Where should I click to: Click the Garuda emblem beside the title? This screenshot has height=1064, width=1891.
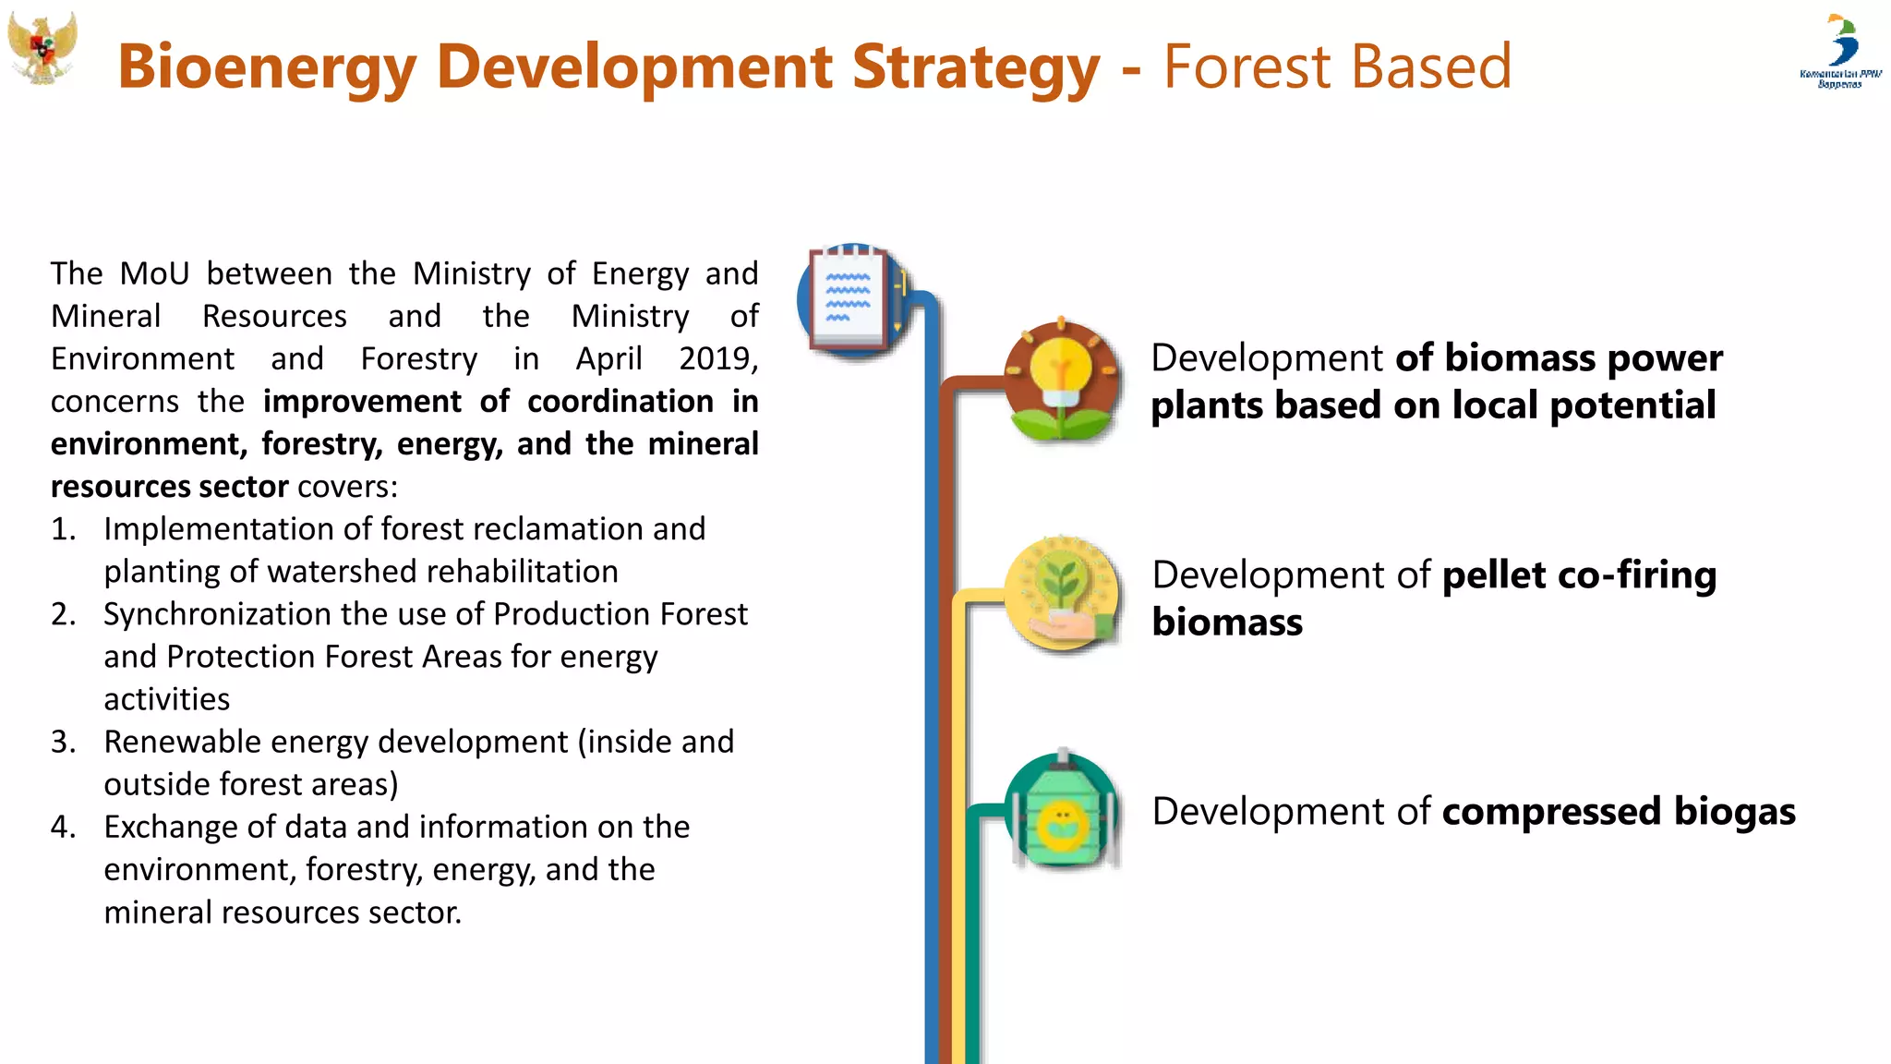(42, 48)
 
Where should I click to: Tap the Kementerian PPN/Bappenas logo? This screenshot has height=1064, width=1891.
(1840, 51)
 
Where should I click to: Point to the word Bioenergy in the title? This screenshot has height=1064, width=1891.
(267, 67)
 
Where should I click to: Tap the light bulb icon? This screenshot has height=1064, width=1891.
(1062, 379)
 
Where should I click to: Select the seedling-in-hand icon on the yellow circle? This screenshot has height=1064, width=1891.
(1062, 594)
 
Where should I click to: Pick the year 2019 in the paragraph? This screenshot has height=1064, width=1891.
(717, 358)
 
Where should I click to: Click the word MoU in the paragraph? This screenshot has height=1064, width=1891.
(154, 273)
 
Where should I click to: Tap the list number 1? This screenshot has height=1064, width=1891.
(62, 529)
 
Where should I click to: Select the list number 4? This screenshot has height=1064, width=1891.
(62, 827)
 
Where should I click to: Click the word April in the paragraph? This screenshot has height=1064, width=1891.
(608, 358)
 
